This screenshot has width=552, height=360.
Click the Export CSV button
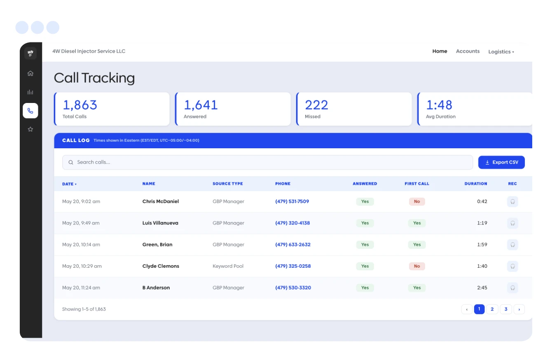501,162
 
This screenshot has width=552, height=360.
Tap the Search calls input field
267,162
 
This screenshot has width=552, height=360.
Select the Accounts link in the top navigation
468,51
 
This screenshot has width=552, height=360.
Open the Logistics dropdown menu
501,52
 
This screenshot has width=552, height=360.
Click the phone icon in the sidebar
30,111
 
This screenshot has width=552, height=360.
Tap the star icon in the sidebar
30,129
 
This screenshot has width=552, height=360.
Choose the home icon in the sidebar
30,73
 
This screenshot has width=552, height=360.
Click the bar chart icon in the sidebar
30,92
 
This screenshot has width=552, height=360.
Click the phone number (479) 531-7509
292,201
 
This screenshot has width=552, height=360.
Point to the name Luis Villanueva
160,223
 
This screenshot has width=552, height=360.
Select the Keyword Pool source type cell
228,266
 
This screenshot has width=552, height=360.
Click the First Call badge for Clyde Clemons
417,266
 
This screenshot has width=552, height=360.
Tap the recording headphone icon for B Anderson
512,288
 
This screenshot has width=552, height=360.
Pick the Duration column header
476,184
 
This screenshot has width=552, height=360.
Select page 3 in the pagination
506,309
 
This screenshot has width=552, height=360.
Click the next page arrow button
519,309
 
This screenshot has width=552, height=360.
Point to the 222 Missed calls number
316,105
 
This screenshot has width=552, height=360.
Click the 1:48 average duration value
439,105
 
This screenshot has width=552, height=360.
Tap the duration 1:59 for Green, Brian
482,245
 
